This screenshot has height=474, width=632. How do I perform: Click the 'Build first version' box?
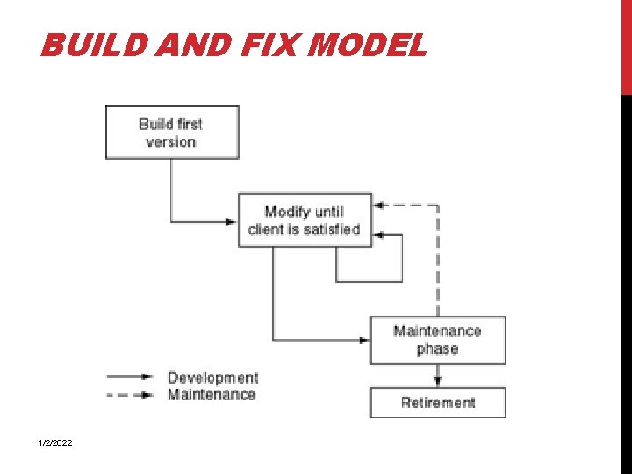[x=172, y=133]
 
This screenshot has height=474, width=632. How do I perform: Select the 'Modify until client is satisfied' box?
[x=305, y=220]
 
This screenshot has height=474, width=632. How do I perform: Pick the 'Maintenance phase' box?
[x=437, y=340]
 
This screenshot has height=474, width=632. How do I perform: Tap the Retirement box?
[x=437, y=403]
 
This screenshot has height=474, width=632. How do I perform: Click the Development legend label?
[x=212, y=378]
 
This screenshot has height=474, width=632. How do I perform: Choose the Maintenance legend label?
[x=212, y=395]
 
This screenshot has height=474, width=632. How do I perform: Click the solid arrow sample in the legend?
[x=130, y=377]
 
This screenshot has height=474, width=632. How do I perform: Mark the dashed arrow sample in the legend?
[x=130, y=395]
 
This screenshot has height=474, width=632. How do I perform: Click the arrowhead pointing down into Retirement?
[x=437, y=380]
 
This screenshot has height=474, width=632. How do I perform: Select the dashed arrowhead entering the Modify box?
[x=378, y=205]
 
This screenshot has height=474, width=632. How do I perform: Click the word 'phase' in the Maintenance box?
[x=437, y=349]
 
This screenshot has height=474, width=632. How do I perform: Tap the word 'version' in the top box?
[x=170, y=142]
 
